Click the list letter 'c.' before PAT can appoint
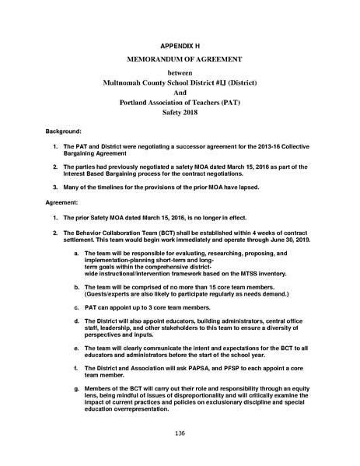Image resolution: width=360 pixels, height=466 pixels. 75,308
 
